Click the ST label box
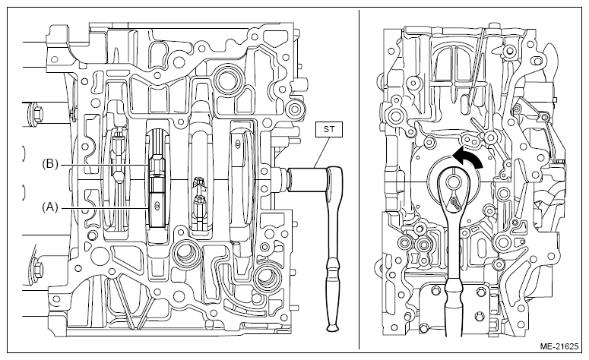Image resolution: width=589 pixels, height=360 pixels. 328,130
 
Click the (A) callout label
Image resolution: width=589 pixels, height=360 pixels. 50,207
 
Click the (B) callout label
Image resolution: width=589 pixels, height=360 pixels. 50,164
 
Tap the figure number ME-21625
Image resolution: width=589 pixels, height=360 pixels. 559,346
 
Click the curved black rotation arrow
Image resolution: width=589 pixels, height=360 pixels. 467,157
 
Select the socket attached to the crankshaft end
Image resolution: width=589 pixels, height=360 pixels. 307,180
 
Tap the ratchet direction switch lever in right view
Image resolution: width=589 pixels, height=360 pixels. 455,203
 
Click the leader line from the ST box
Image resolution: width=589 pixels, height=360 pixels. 322,153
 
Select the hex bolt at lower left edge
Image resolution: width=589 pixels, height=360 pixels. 37,267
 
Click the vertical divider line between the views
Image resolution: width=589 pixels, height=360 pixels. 359,179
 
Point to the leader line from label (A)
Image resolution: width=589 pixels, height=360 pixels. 103,207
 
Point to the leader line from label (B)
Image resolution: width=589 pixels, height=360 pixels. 104,165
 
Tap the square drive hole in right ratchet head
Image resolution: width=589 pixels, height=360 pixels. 454,182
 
